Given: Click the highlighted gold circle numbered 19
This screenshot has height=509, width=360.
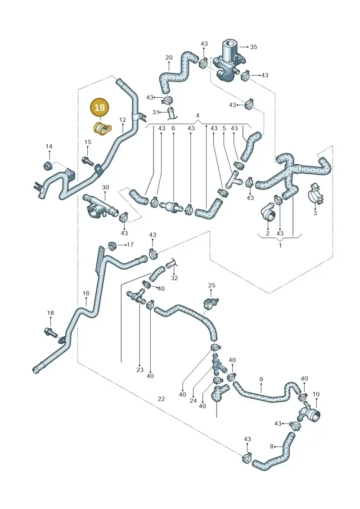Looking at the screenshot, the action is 99,108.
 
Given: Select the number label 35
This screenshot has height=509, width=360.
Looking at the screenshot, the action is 253,47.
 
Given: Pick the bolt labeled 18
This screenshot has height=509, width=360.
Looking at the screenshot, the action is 51,333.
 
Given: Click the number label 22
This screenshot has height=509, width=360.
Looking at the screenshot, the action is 162,399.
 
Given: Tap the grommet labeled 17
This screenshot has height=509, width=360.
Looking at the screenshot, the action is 112,245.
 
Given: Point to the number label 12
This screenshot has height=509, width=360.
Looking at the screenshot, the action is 122,120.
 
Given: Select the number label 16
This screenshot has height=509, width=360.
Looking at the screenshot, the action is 85,293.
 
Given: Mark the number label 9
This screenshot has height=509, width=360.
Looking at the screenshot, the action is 261,379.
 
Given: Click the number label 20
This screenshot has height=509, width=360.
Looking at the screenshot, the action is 169,58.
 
